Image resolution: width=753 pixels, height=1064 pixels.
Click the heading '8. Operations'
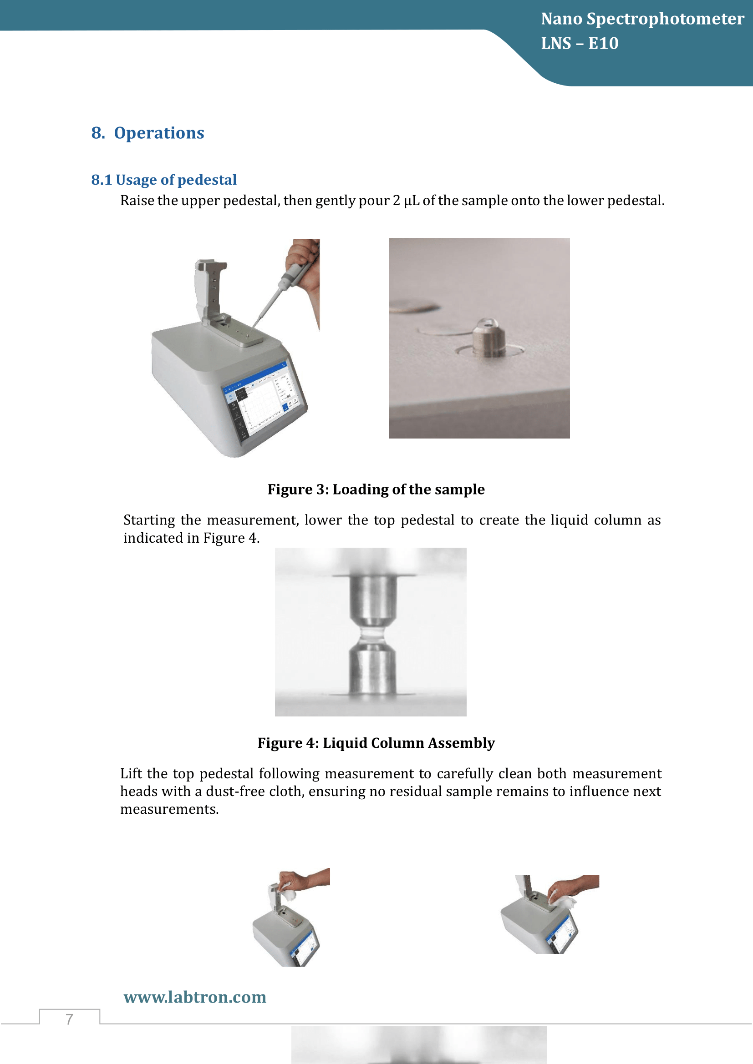[x=148, y=133]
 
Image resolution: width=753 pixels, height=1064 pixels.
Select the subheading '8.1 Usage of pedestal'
[x=164, y=180]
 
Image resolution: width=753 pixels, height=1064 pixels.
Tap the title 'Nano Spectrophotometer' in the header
[x=642, y=19]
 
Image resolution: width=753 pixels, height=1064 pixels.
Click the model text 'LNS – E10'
[x=580, y=44]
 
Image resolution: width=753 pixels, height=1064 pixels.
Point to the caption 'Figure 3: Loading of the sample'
[x=376, y=489]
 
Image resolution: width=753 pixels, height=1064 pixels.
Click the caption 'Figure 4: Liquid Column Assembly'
[x=376, y=743]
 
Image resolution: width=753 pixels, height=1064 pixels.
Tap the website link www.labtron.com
[x=195, y=997]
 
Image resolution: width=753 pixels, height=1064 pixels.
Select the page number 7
[x=70, y=1019]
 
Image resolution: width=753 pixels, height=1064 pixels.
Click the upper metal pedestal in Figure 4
[x=373, y=600]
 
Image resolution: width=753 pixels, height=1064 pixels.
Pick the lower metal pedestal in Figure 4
[x=372, y=670]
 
